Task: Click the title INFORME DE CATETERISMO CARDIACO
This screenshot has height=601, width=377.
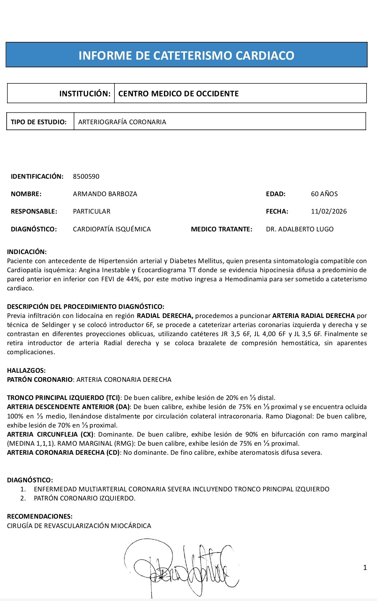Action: click(186, 55)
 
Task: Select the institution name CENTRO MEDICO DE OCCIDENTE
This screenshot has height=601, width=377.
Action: click(178, 94)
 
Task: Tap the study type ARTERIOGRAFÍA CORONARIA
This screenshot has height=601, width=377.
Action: click(122, 122)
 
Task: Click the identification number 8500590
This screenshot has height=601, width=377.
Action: click(86, 177)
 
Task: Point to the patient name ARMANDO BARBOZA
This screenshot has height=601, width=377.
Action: click(105, 194)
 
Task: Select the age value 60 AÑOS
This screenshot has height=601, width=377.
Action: click(324, 194)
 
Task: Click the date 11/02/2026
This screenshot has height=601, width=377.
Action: click(329, 212)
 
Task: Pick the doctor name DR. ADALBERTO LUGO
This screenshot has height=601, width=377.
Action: click(300, 229)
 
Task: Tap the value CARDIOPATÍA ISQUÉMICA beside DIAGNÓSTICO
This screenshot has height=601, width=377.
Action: click(112, 229)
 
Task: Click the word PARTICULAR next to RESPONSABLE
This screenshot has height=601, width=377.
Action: click(91, 212)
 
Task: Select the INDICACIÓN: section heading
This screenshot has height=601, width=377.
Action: click(27, 252)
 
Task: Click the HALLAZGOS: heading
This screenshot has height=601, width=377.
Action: click(26, 371)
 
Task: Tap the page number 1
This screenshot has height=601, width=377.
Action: click(365, 567)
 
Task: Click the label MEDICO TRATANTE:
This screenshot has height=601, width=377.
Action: click(221, 229)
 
